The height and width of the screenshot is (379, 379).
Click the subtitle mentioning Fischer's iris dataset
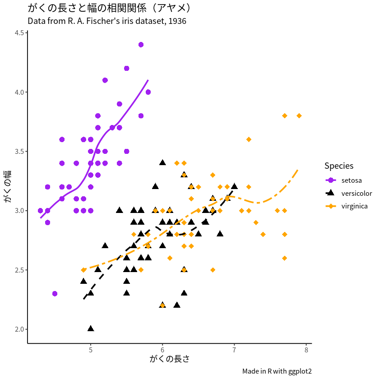point(107,21)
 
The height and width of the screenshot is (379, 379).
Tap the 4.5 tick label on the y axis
point(19,33)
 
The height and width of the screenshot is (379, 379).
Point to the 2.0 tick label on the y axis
point(19,329)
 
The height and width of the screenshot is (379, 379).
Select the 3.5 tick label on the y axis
point(19,151)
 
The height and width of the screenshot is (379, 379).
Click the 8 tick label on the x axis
point(306,350)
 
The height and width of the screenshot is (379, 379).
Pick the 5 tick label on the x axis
point(91,350)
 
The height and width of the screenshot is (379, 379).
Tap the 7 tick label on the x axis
point(234,350)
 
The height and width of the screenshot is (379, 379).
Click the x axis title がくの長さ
point(169,360)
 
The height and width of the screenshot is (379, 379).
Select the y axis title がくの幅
point(9,186)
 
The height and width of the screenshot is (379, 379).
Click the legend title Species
point(339,166)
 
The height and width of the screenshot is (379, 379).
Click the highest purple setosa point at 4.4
point(141,45)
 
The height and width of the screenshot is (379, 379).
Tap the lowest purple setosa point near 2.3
point(55,293)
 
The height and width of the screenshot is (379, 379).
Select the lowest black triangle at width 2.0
point(91,328)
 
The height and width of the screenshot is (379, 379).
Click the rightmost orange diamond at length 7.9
point(299,116)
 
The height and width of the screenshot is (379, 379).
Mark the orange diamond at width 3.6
point(249,139)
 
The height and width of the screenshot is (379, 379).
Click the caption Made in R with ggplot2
point(277,371)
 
